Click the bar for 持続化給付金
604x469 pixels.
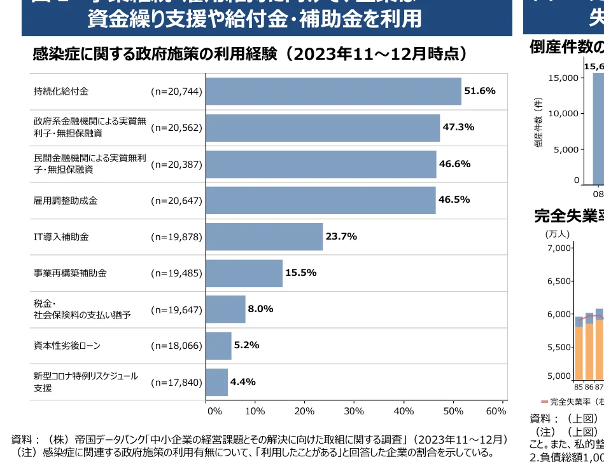coord(333,92)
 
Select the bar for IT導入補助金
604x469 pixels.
coord(264,237)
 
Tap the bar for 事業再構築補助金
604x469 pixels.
coord(244,273)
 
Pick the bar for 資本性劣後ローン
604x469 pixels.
coord(218,346)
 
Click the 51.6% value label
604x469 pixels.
coord(480,91)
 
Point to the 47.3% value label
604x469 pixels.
coord(458,127)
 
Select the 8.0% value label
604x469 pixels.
coord(260,309)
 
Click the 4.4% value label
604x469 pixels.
coord(242,382)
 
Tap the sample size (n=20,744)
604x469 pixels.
coord(176,92)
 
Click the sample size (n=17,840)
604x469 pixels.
coord(176,383)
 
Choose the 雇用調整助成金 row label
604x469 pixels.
coord(61,201)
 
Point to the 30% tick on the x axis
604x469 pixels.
coord(354,411)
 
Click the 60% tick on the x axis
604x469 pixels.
coord(496,411)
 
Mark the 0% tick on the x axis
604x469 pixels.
coord(214,411)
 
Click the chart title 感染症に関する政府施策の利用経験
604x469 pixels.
coord(155,54)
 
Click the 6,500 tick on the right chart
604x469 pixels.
coord(559,281)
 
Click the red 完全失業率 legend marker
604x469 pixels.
coord(544,402)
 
